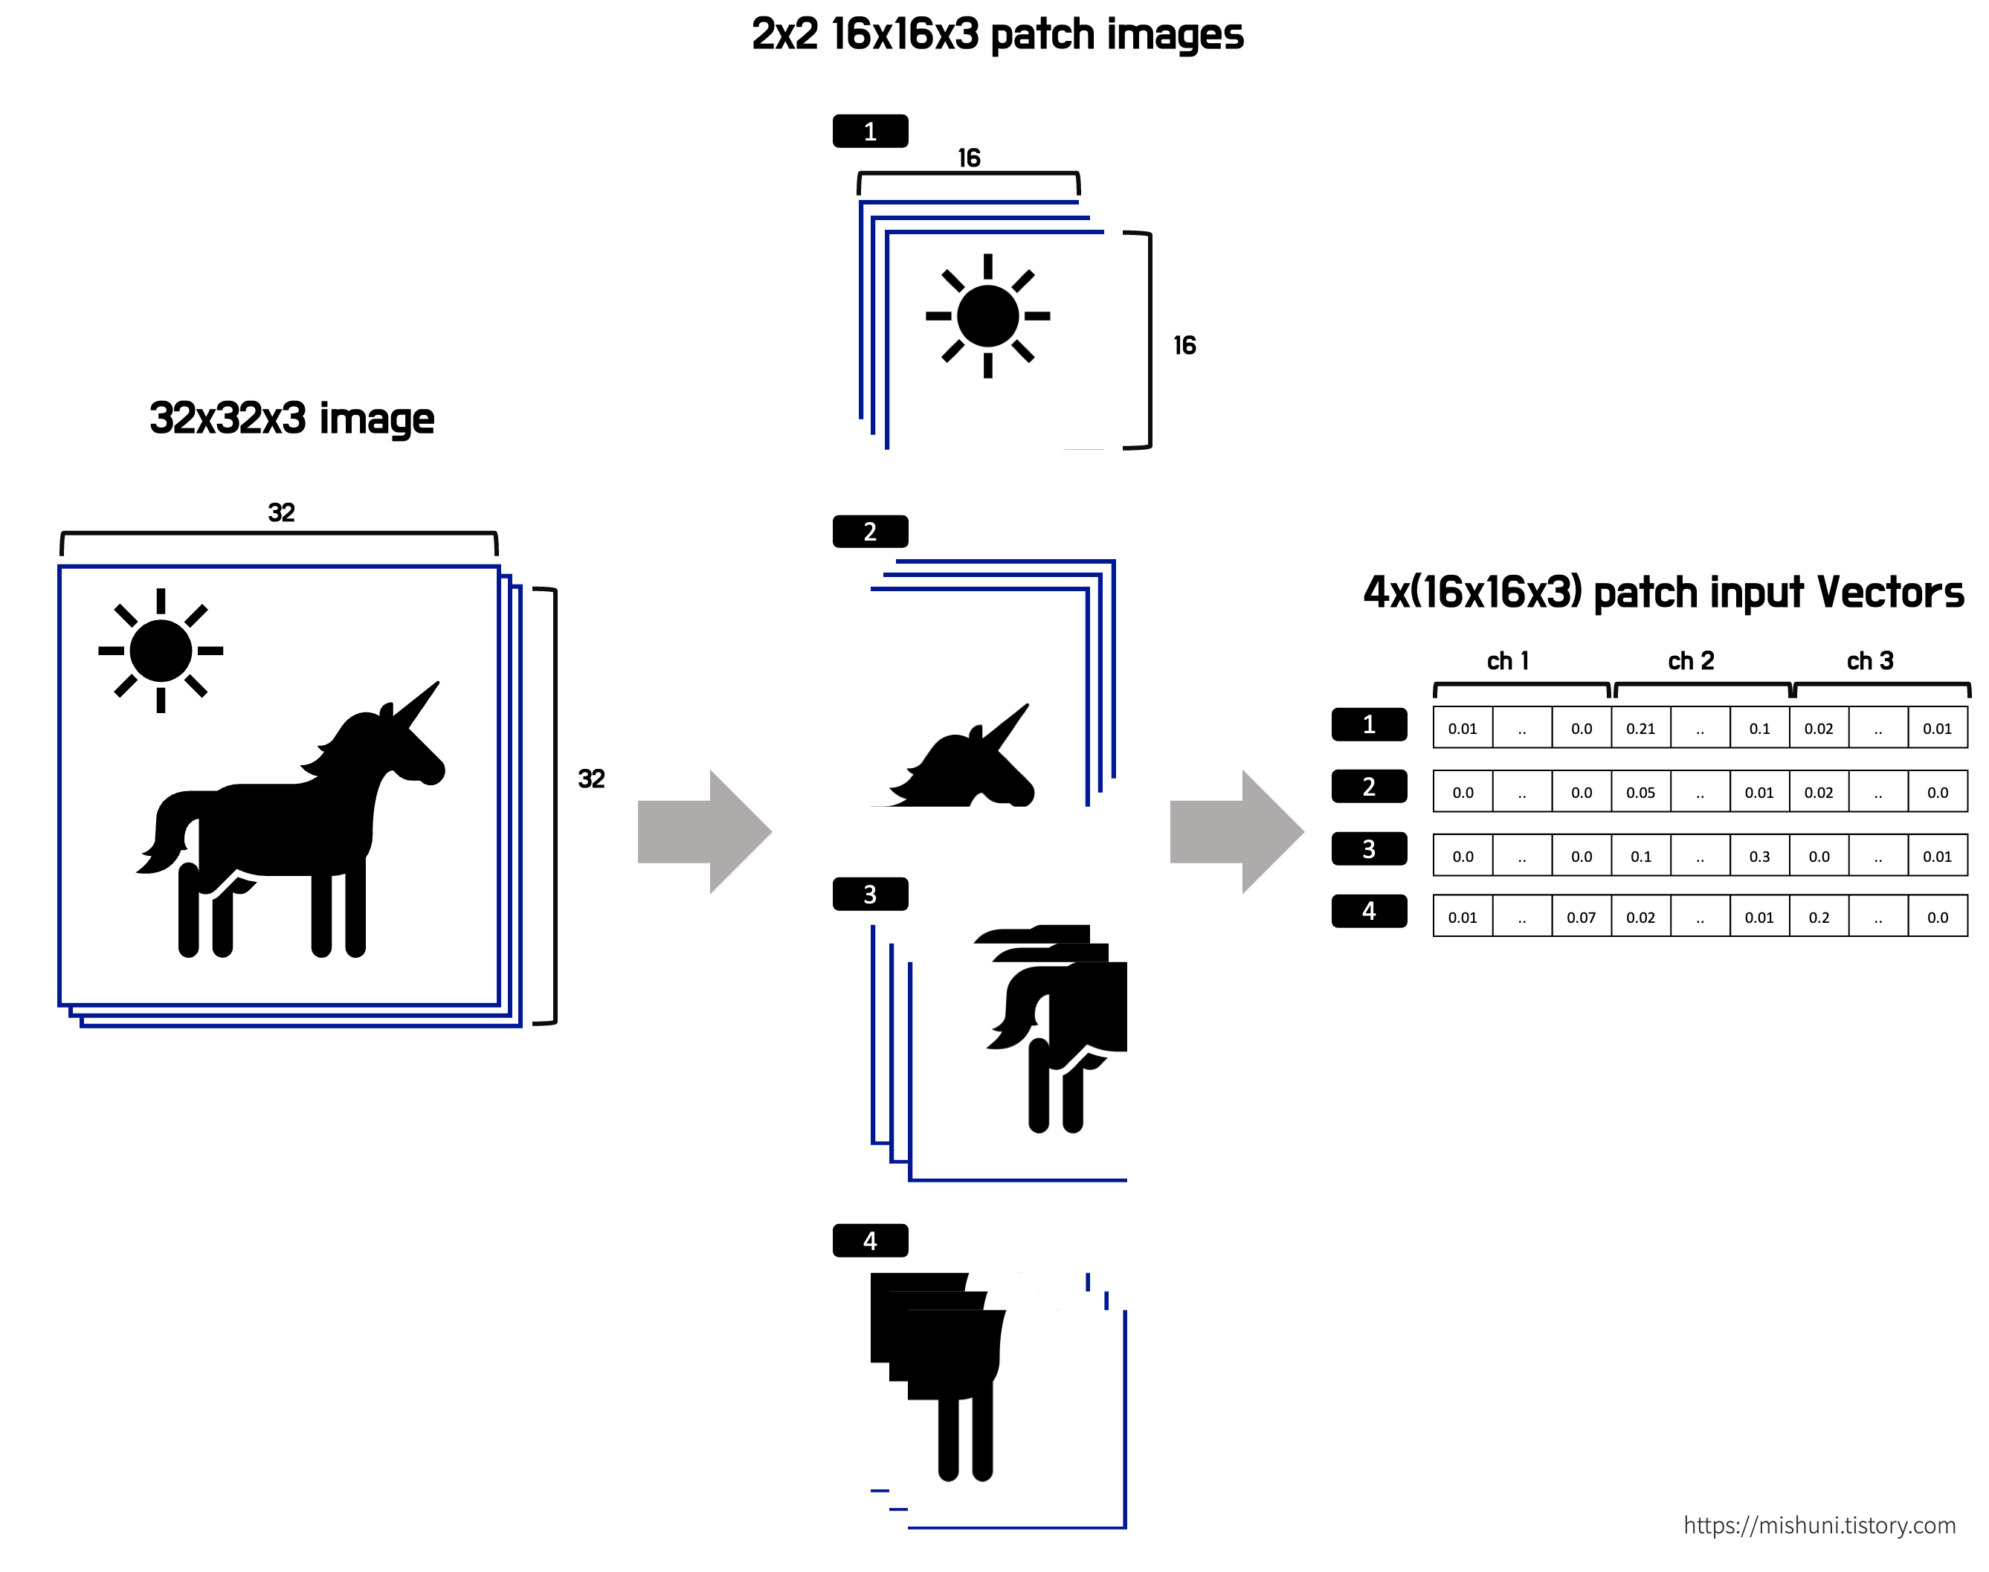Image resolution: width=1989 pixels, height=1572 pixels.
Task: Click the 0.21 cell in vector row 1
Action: tap(1640, 728)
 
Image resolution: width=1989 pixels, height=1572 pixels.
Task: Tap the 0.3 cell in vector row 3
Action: tap(1759, 856)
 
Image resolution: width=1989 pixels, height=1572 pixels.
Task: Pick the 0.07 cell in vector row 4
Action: tap(1582, 918)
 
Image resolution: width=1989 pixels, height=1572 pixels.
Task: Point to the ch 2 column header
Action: tap(1691, 661)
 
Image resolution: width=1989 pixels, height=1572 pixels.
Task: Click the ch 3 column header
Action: tap(1870, 661)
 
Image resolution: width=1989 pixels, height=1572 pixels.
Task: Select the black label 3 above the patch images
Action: tap(870, 895)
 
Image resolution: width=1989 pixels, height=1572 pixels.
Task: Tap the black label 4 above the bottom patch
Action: tap(870, 1240)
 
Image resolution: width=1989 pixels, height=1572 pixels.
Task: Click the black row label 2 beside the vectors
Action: tap(1369, 787)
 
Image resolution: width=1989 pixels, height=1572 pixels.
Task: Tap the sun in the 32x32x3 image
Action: tap(161, 651)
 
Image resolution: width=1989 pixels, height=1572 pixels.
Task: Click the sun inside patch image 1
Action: tap(987, 316)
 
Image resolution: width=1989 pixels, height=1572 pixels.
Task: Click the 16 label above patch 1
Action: tap(968, 158)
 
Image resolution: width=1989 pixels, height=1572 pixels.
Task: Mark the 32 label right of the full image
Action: tap(591, 779)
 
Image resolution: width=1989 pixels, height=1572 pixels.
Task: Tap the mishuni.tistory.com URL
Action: tap(1819, 1525)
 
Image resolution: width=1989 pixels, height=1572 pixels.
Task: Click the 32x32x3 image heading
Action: tap(291, 419)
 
